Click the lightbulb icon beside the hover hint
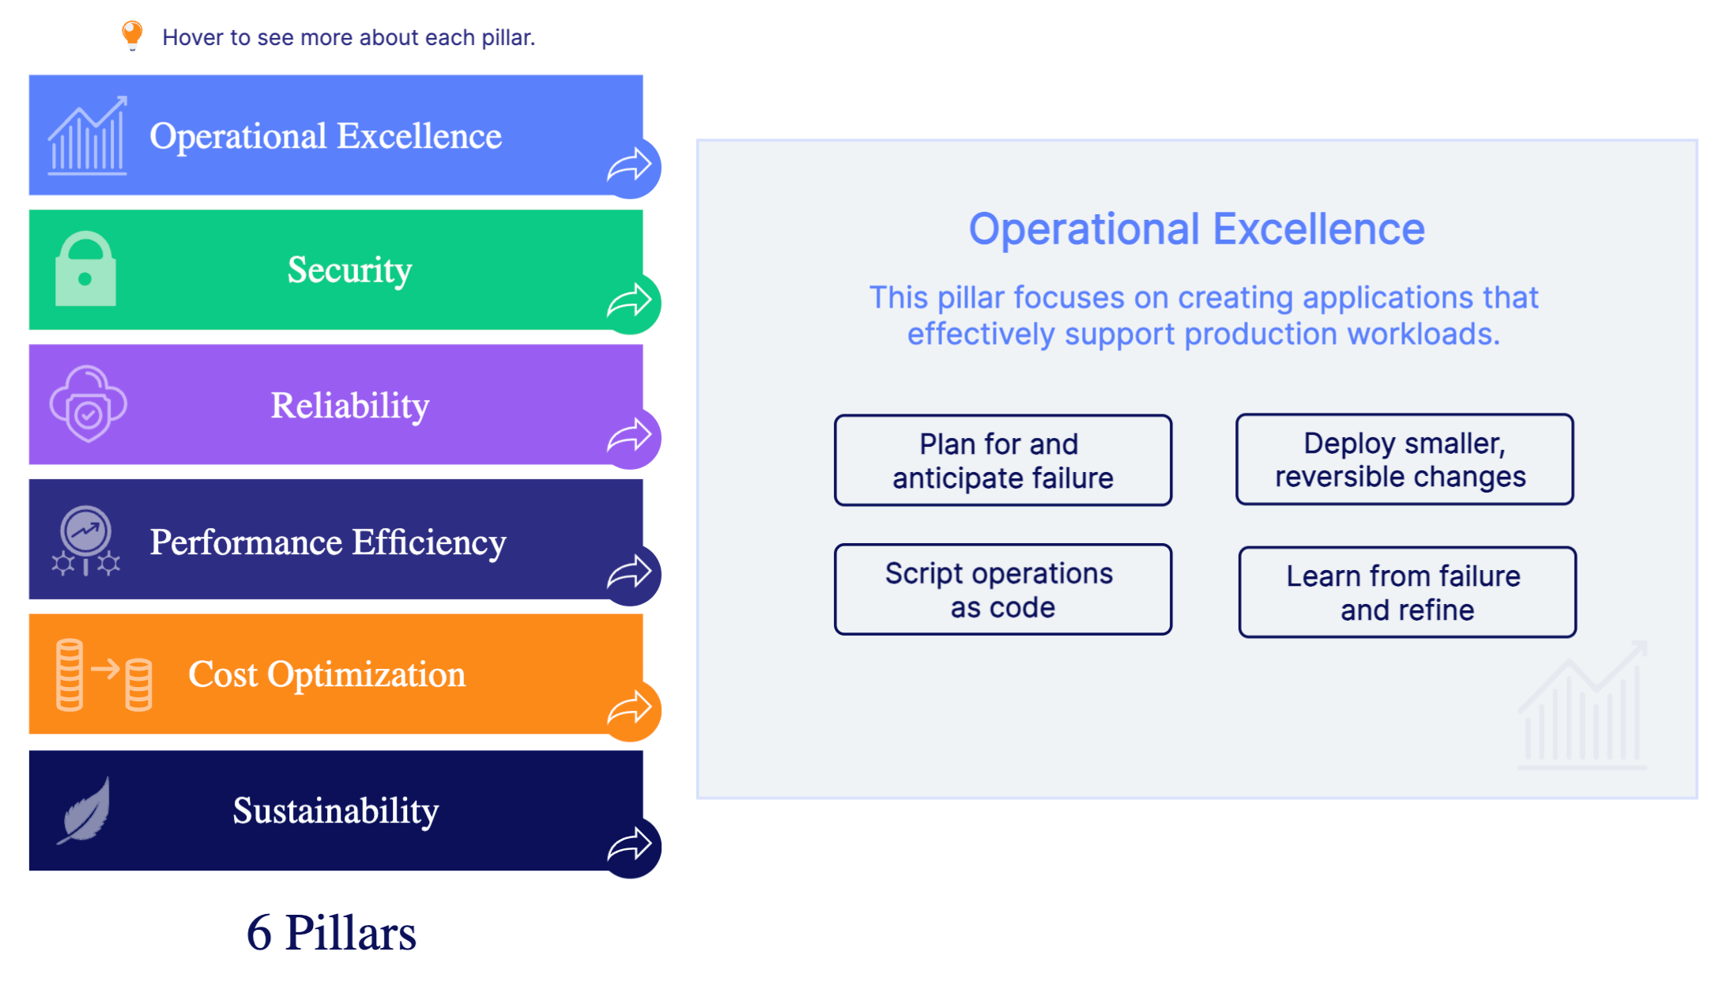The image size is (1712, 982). [132, 35]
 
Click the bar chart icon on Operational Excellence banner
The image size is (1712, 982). [87, 136]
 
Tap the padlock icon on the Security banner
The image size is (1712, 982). [85, 270]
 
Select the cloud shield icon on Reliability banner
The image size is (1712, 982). [88, 404]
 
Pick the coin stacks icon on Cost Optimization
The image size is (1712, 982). [104, 674]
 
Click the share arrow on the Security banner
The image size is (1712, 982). [630, 302]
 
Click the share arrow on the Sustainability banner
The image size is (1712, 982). [630, 845]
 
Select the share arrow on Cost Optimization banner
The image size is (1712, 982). [630, 708]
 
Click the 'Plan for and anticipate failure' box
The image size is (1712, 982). [1002, 461]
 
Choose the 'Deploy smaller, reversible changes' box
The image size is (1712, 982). [1404, 459]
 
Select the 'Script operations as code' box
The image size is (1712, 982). [1002, 590]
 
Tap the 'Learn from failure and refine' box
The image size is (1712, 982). [1406, 592]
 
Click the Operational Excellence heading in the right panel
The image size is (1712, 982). [1196, 229]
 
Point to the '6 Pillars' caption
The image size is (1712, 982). [330, 933]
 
